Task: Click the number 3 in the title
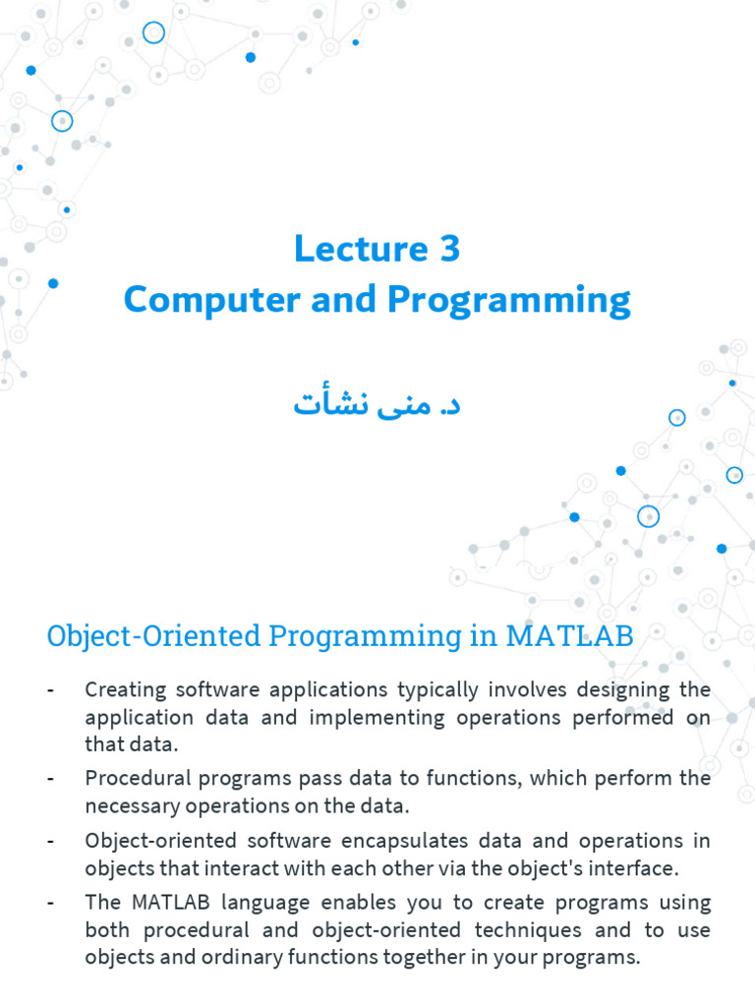pyautogui.click(x=450, y=249)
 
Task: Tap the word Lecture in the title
pyautogui.click(x=361, y=249)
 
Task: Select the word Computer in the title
pyautogui.click(x=212, y=300)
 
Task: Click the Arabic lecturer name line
pyautogui.click(x=377, y=402)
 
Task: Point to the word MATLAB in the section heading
pyautogui.click(x=569, y=636)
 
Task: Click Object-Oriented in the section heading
pyautogui.click(x=154, y=636)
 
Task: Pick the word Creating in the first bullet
pyautogui.click(x=126, y=690)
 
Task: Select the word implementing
pyautogui.click(x=377, y=718)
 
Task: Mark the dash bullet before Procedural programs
pyautogui.click(x=51, y=780)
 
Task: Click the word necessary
pyautogui.click(x=133, y=806)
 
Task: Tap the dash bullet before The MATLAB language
pyautogui.click(x=51, y=904)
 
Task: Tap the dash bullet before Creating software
pyautogui.click(x=51, y=691)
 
